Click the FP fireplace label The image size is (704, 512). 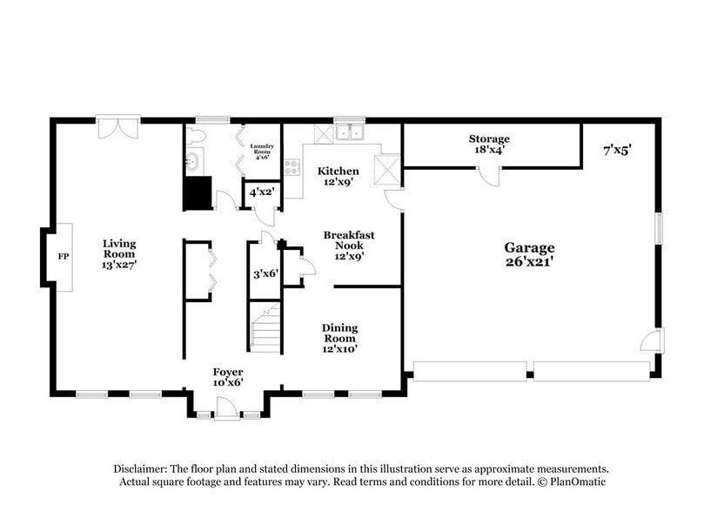pyautogui.click(x=62, y=256)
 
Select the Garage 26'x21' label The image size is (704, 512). pyautogui.click(x=532, y=253)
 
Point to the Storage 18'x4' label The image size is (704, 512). pyautogui.click(x=489, y=145)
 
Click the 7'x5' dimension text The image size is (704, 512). pyautogui.click(x=617, y=150)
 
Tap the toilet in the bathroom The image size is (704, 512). pyautogui.click(x=197, y=137)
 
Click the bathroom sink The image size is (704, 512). pyautogui.click(x=194, y=162)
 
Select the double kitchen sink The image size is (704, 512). pyautogui.click(x=352, y=133)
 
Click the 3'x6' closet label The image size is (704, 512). pyautogui.click(x=264, y=273)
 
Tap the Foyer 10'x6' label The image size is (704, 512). pyautogui.click(x=228, y=377)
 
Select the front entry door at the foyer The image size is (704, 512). pyautogui.click(x=225, y=408)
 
